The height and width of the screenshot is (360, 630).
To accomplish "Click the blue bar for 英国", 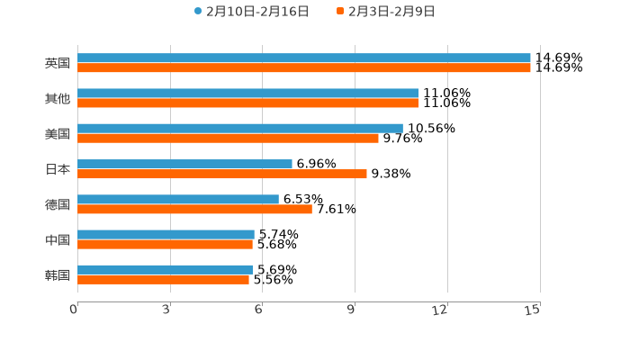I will tap(304, 58).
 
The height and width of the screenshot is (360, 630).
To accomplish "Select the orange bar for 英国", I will tap(304, 68).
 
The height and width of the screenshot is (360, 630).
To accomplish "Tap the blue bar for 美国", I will tap(240, 128).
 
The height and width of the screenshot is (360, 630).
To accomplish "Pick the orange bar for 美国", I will tap(228, 139).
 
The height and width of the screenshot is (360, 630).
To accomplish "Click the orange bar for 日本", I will tap(222, 174).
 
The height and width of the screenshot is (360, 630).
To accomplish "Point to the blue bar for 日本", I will tap(184, 164).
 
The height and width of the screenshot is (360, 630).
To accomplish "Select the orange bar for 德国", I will tap(194, 209).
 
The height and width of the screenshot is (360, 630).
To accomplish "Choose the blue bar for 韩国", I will tap(165, 269).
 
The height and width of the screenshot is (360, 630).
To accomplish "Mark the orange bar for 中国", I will tap(165, 244).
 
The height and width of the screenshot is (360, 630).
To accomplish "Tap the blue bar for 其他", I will tap(247, 93).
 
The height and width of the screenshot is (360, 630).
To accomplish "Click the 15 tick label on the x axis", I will tap(533, 310).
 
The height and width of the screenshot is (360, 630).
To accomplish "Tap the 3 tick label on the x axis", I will tap(166, 310).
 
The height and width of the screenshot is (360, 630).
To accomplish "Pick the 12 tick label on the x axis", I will tap(440, 310).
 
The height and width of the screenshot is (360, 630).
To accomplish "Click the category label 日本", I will tap(58, 169).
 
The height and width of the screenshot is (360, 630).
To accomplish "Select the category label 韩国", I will tap(58, 274).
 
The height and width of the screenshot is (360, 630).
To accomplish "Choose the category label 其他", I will tap(58, 98).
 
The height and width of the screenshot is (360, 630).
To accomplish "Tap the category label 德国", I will tap(58, 204).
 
